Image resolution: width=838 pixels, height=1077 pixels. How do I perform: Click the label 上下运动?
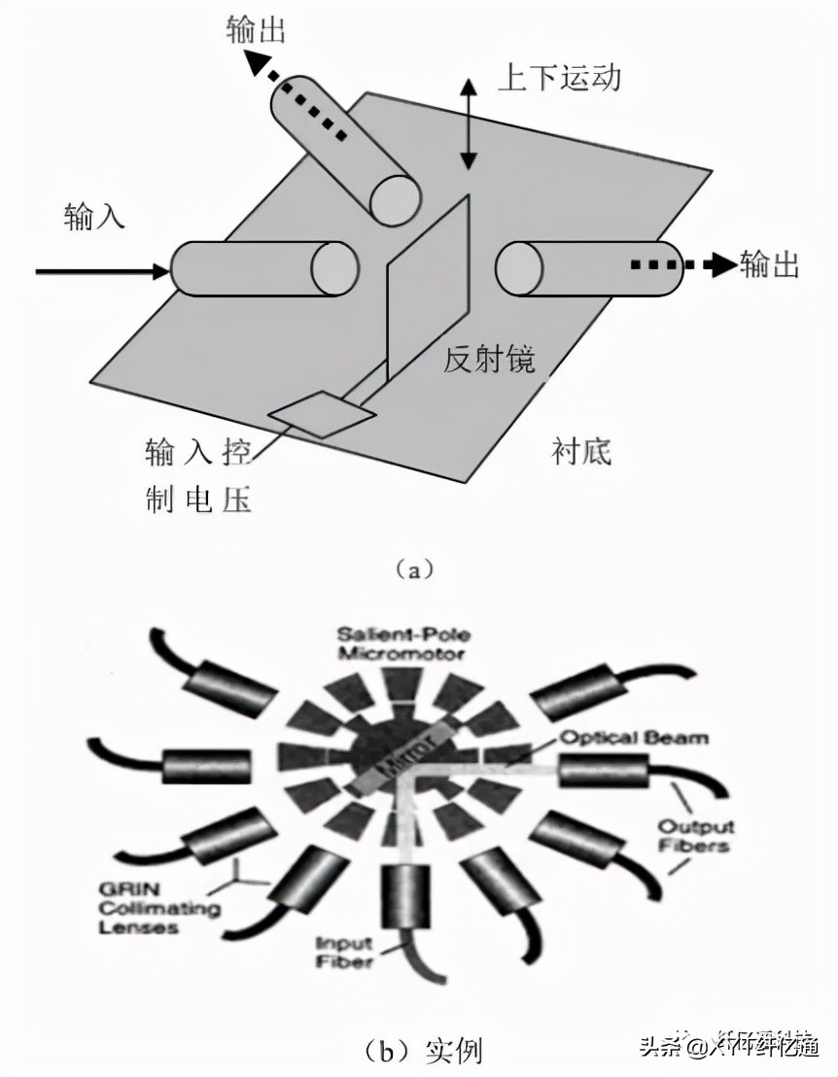point(558,78)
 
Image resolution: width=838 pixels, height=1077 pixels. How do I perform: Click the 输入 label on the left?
point(95,215)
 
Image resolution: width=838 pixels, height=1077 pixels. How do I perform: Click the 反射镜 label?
point(489,359)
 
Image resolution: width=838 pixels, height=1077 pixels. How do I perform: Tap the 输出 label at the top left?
point(254,29)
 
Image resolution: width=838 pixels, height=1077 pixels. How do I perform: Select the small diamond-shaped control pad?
point(322,413)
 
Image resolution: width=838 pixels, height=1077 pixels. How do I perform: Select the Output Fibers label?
point(695,837)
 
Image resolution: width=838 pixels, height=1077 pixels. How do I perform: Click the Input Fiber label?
point(345,952)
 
